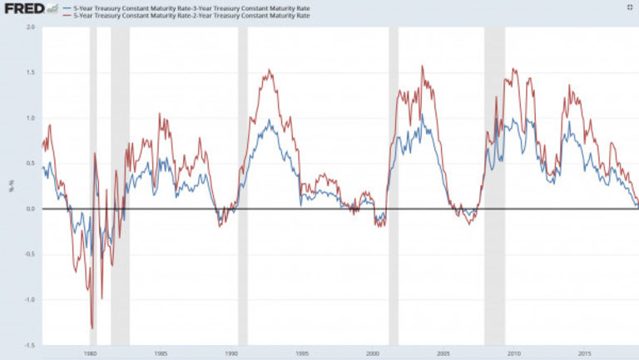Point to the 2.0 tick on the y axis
click(x=31, y=27)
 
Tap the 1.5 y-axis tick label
click(x=31, y=72)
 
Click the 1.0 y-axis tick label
click(x=31, y=118)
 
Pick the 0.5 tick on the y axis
click(x=31, y=163)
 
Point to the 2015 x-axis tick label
click(x=586, y=352)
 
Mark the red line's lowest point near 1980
click(x=92, y=328)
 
